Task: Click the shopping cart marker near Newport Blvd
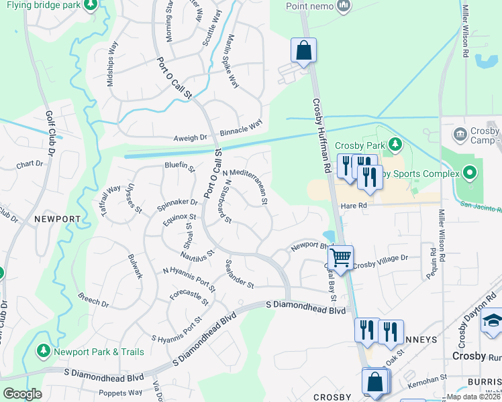[x=340, y=256]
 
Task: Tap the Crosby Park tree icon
[x=395, y=143]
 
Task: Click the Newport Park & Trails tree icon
[x=44, y=351]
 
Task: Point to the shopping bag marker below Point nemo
[x=303, y=50]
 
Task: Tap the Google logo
[x=22, y=394]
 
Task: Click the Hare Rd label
[x=354, y=206]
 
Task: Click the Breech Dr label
[x=93, y=299]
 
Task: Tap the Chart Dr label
[x=29, y=164]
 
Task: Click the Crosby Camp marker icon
[x=460, y=133]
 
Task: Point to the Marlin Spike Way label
[x=233, y=61]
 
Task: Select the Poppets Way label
[x=120, y=393]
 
